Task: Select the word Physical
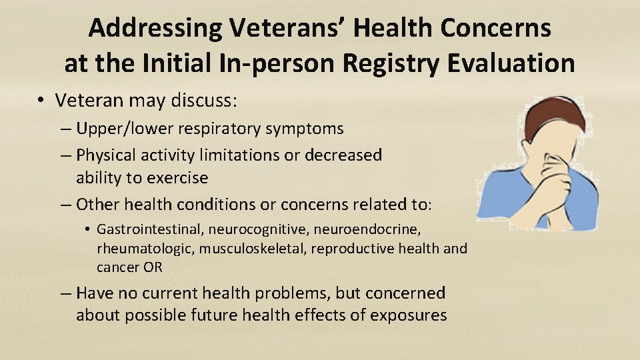point(106,155)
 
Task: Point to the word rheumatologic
point(136,248)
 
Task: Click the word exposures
point(406,315)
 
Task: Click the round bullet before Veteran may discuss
point(41,101)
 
